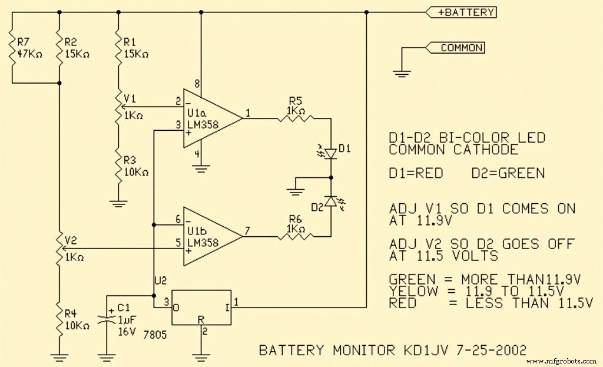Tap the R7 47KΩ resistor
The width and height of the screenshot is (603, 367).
tap(11, 47)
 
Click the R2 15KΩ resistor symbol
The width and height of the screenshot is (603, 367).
tap(59, 47)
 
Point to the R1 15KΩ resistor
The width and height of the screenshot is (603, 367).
tap(118, 47)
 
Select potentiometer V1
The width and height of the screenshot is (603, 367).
tap(118, 107)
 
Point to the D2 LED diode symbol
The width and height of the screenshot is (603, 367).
tap(330, 201)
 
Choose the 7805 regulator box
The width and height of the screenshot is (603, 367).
tap(200, 307)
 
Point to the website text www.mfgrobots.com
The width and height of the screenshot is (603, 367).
tap(562, 361)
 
